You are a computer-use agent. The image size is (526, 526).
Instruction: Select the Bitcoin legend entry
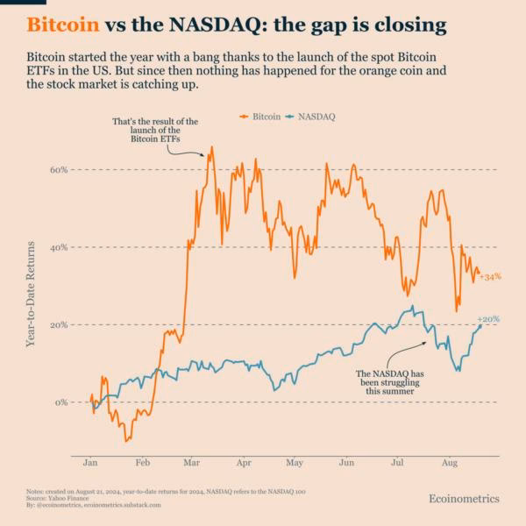262,116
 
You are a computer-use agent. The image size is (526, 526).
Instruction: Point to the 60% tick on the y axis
58,169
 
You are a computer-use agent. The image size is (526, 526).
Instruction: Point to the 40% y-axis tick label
58,247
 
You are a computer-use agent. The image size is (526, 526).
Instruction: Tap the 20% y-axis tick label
58,324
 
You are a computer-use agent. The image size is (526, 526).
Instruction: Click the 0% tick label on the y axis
60,402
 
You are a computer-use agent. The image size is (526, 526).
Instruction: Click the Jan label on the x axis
90,461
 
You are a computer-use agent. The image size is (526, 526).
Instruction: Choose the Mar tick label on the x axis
192,461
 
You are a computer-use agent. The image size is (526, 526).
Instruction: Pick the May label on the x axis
295,461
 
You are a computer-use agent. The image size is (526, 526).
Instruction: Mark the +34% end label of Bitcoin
490,277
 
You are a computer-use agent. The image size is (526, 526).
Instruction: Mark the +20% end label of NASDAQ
488,319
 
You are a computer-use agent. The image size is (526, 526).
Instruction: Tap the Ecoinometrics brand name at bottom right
464,498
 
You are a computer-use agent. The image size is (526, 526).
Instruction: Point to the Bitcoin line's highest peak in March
211,148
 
